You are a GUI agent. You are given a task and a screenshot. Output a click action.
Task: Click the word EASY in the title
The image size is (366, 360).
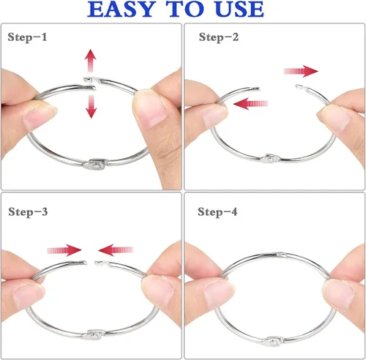pyautogui.click(x=122, y=10)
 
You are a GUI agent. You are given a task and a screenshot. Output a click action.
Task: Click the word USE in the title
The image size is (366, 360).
pyautogui.click(x=239, y=10)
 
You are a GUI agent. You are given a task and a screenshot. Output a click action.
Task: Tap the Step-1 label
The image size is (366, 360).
pyautogui.click(x=27, y=37)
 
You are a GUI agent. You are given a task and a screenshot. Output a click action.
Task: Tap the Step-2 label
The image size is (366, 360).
pyautogui.click(x=219, y=37)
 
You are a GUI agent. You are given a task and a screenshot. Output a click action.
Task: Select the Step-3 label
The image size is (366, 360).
pyautogui.click(x=28, y=212)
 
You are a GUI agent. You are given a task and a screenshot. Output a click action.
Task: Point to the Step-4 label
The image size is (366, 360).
pyautogui.click(x=217, y=212)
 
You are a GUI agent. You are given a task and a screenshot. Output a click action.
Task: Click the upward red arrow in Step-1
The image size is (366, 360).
pyautogui.click(x=91, y=61)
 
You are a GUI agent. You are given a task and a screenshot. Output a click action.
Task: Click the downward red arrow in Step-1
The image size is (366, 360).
pyautogui.click(x=91, y=107)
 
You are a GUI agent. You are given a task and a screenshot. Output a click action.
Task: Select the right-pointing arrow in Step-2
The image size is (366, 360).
pyautogui.click(x=301, y=71)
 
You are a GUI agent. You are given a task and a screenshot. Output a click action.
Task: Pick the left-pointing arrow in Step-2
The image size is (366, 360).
pyautogui.click(x=250, y=104)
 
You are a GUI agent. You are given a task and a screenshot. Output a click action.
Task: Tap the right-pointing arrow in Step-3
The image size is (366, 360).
pyautogui.click(x=64, y=250)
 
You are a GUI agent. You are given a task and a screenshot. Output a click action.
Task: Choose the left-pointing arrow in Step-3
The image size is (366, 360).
pyautogui.click(x=116, y=250)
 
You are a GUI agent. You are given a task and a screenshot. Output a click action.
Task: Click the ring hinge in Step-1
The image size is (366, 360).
pyautogui.click(x=96, y=164)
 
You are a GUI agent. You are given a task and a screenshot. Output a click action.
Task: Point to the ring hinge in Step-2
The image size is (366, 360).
pyautogui.click(x=270, y=159)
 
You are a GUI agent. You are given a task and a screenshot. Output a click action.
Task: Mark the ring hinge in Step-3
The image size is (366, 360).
pyautogui.click(x=94, y=334)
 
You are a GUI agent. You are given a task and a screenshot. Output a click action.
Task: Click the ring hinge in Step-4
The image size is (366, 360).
pyautogui.click(x=272, y=341)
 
